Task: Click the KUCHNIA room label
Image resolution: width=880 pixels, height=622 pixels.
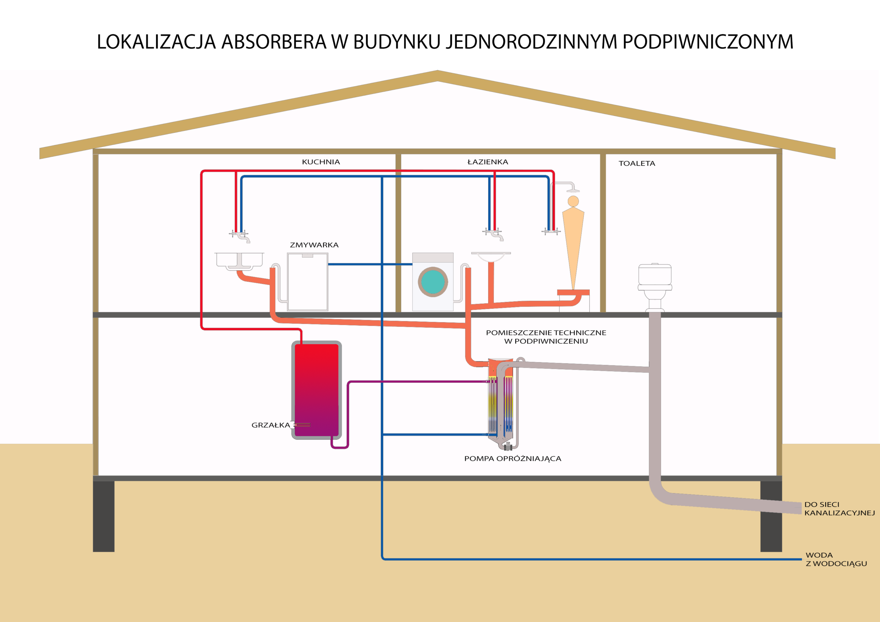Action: tap(321, 162)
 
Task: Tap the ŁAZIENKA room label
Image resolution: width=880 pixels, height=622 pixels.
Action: tap(487, 162)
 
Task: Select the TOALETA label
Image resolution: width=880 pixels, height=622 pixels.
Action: tap(637, 163)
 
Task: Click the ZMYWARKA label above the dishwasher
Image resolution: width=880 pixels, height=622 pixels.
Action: tap(314, 245)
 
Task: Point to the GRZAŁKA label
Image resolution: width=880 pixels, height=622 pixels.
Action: tap(271, 425)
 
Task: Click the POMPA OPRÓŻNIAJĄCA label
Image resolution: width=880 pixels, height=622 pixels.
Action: tap(513, 459)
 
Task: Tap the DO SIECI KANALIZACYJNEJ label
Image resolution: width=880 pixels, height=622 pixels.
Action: tap(839, 509)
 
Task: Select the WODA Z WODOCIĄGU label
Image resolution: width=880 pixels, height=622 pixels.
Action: tap(836, 559)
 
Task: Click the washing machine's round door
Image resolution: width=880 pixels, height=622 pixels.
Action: tap(433, 282)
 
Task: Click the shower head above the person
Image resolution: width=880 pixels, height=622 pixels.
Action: tap(573, 190)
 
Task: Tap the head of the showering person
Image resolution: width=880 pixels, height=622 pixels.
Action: tap(573, 201)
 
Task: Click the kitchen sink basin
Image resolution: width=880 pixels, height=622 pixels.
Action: tap(240, 260)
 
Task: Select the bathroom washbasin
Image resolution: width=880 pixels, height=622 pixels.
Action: tap(491, 257)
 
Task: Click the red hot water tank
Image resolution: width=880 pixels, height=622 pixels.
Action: tap(317, 390)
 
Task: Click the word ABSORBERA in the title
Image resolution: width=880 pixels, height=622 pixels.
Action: tap(274, 42)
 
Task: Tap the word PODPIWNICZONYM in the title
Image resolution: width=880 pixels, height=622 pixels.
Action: tap(707, 42)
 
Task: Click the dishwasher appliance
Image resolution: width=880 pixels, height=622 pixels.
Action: tap(307, 282)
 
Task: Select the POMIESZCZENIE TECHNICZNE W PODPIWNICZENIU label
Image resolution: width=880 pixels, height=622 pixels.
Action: tap(546, 337)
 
